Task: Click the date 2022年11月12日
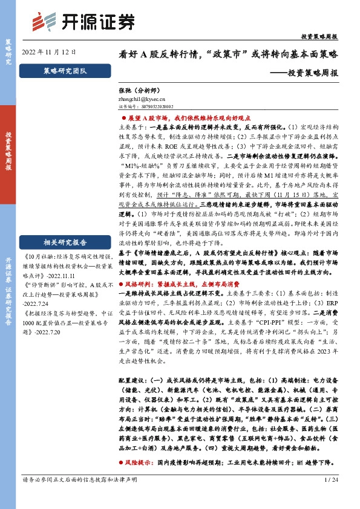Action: click(49, 52)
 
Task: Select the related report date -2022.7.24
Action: click(39, 297)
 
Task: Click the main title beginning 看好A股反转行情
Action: click(228, 53)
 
